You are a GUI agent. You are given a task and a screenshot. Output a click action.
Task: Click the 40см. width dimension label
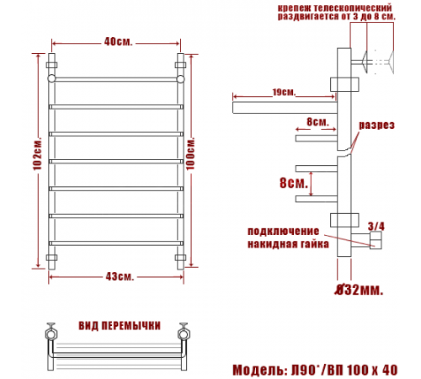coord(118,42)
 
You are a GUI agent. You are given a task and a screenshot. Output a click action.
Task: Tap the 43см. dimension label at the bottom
coord(120,277)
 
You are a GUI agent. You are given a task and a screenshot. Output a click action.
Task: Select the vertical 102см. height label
coord(38,153)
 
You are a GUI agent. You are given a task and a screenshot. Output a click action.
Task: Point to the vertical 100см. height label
coord(190,153)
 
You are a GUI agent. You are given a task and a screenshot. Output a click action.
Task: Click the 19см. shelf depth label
coord(284,92)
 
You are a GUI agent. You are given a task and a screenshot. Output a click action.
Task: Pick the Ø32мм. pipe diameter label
coord(360,290)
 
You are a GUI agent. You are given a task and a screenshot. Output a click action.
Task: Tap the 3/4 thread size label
coord(376,227)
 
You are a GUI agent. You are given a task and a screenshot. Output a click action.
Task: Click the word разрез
coord(377,125)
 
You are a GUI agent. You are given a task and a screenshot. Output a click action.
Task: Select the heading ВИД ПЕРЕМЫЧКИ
coord(120,326)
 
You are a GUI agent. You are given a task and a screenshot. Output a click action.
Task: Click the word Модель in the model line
coord(258,370)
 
